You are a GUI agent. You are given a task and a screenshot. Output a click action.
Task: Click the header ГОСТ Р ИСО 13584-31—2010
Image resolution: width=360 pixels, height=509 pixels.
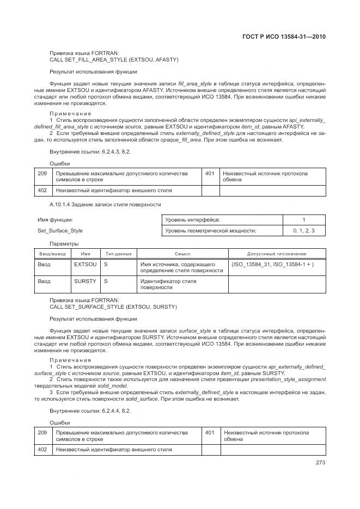[283, 37]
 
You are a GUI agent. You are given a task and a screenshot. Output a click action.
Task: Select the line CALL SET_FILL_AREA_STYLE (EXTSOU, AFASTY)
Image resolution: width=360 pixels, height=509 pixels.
[114, 59]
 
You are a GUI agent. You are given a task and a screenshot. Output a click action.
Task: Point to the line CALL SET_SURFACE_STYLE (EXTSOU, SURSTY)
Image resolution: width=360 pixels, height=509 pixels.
[113, 307]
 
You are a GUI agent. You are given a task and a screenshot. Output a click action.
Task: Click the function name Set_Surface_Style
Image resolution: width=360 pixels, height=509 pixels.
[60, 231]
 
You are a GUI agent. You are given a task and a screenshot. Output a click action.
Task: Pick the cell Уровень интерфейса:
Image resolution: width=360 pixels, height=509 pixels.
[193, 219]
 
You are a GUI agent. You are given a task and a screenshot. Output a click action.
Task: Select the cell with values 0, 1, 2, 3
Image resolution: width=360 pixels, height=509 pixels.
[304, 231]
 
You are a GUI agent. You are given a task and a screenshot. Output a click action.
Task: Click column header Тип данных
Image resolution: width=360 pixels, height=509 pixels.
[118, 254]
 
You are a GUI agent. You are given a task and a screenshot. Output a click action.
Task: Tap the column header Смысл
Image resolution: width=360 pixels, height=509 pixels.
[182, 254]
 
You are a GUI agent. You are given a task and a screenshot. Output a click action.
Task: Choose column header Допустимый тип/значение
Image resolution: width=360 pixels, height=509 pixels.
[277, 254]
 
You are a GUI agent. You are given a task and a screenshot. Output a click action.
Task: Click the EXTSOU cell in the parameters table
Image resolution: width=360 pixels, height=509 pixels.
[85, 264]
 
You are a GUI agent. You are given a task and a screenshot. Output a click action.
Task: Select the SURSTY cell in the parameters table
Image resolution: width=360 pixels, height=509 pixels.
[85, 281]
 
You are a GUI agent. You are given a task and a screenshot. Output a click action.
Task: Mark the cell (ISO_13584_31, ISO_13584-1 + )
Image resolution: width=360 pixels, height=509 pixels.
[272, 264]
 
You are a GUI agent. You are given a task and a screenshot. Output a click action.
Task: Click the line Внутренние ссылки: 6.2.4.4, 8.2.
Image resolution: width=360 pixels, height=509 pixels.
[90, 410]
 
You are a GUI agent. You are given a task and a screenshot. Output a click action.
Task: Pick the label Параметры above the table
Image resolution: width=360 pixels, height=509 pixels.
[64, 243]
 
